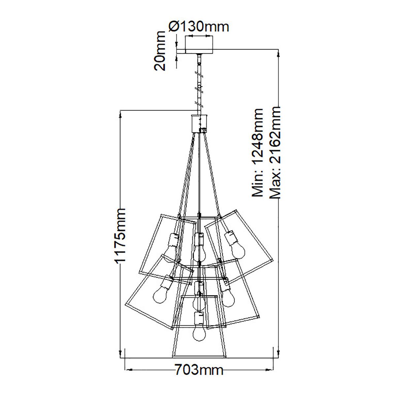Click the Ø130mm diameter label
pyautogui.click(x=199, y=26)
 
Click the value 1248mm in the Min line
pyautogui.click(x=258, y=139)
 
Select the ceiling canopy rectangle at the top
pyautogui.click(x=199, y=44)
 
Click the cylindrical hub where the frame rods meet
pyautogui.click(x=199, y=123)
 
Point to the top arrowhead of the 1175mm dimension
pyautogui.click(x=121, y=114)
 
